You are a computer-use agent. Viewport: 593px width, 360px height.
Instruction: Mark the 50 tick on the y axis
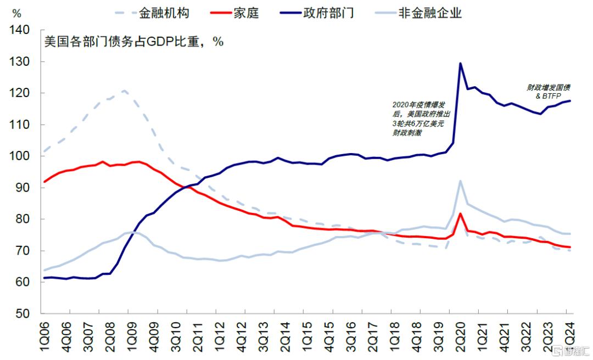pos(25,314)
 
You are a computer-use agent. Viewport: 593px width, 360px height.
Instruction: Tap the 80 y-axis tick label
pos(25,220)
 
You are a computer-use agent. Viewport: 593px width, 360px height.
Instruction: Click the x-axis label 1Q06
pos(44,337)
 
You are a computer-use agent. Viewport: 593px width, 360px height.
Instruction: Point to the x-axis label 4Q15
pos(331,337)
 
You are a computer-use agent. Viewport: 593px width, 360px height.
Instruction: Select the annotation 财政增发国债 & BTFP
pos(549,91)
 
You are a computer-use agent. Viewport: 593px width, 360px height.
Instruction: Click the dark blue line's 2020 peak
pos(460,63)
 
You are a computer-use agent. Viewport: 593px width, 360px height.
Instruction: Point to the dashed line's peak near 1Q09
pos(125,91)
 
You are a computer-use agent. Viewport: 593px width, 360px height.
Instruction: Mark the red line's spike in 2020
pos(460,213)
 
